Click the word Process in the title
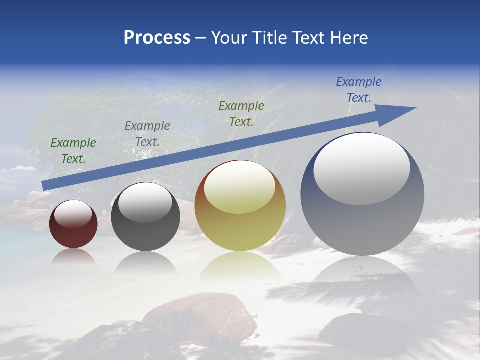pos(157,38)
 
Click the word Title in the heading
pos(270,38)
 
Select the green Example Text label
pos(73,150)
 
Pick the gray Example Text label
pos(147,133)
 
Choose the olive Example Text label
pos(241,113)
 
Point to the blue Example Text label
pos(359,90)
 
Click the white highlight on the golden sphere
pos(239,188)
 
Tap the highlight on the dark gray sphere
pos(145,202)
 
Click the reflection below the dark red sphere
pos(73,256)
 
